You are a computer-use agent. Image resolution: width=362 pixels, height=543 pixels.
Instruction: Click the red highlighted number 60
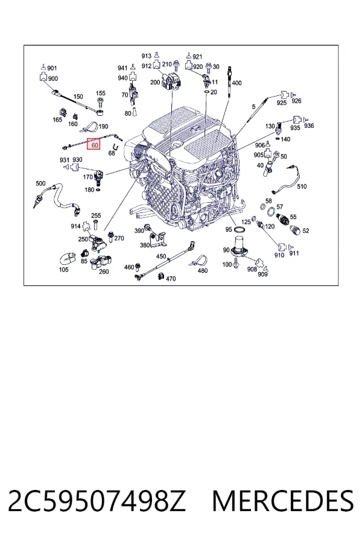click(94, 145)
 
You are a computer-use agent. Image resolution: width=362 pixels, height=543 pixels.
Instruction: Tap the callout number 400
click(237, 83)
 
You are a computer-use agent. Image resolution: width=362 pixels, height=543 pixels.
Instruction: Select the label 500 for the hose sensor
click(40, 183)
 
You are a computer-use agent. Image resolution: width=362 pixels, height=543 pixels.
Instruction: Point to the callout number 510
click(302, 186)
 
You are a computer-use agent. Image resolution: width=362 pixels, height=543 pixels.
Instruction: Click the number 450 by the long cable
click(161, 256)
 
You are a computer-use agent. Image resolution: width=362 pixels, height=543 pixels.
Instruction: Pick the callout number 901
click(52, 68)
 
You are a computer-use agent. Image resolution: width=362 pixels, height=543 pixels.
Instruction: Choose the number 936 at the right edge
click(309, 125)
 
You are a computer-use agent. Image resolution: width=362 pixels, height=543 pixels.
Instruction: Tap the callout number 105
click(64, 270)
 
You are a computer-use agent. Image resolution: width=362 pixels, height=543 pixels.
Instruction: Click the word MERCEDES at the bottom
click(283, 501)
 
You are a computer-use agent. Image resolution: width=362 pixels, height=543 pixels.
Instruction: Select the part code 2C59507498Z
click(97, 501)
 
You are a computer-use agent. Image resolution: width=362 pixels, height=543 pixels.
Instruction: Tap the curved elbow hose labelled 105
click(68, 259)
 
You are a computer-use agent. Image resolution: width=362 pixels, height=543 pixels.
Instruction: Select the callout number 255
click(96, 215)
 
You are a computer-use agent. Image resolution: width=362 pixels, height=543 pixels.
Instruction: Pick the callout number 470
click(171, 278)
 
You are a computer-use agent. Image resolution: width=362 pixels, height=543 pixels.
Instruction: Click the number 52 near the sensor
click(305, 230)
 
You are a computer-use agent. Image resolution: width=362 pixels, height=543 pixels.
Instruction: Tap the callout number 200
click(155, 83)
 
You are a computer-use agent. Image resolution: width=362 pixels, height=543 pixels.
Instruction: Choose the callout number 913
click(147, 56)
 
